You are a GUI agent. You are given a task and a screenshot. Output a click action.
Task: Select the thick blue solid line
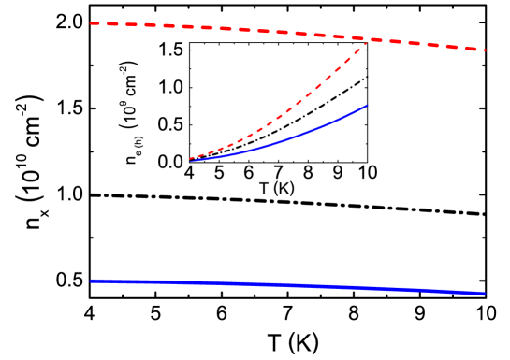(281, 285)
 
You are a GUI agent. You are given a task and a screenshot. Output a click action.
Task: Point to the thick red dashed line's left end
(91, 23)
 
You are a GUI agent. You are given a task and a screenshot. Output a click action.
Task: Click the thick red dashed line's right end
(485, 50)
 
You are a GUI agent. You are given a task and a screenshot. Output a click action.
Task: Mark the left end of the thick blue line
(91, 281)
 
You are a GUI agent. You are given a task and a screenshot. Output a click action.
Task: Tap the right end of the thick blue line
(485, 294)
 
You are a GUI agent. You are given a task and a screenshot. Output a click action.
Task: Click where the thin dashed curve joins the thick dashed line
(366, 40)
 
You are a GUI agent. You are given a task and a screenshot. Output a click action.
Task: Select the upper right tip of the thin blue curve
(367, 106)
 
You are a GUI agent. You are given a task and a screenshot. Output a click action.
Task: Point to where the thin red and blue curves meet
(190, 160)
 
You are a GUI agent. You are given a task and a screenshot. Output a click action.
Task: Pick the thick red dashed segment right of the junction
(421, 44)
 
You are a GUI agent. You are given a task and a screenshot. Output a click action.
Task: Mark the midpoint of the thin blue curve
(281, 140)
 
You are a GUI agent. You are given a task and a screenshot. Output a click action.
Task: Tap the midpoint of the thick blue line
(287, 286)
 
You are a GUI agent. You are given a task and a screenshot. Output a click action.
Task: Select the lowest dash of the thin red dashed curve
(195, 158)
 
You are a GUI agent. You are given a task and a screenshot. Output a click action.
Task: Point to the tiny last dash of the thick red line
(484, 50)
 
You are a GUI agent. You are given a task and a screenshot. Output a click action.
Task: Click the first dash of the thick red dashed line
(99, 23)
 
